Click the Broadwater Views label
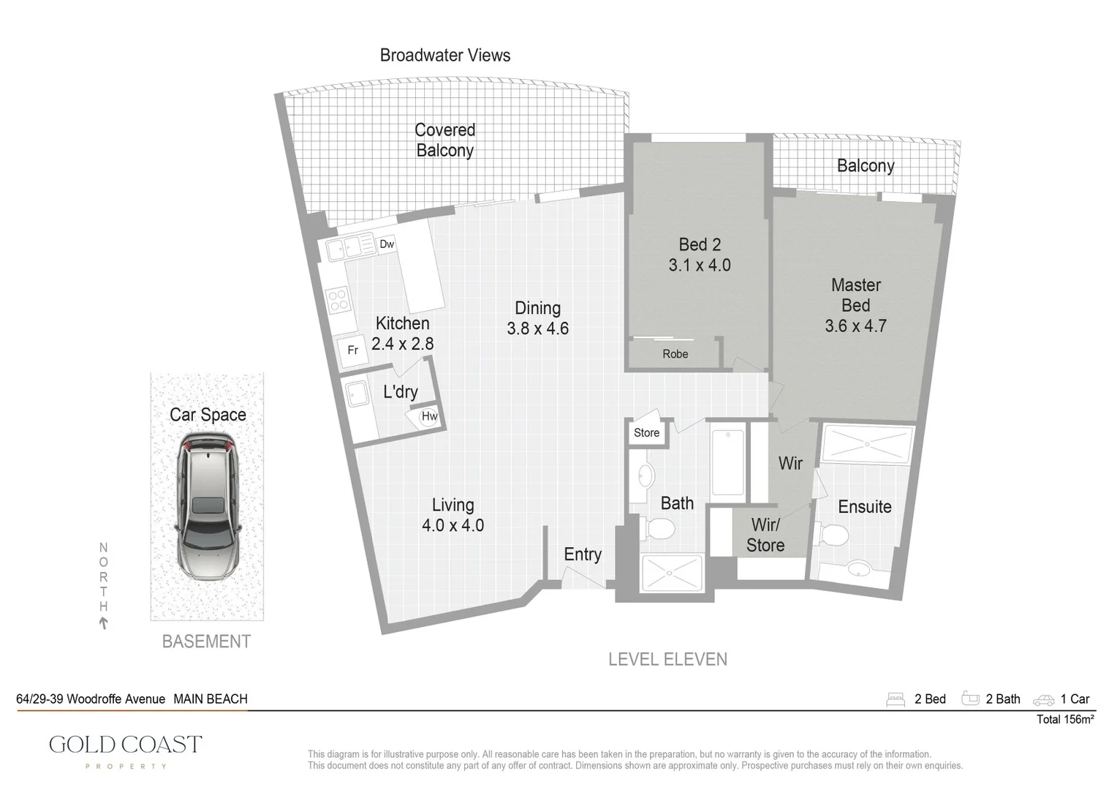(x=444, y=56)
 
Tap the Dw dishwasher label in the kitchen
(x=387, y=244)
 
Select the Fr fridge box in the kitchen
(x=352, y=350)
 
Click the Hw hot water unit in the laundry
(x=429, y=417)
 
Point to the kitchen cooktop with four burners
(x=337, y=298)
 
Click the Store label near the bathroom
(x=646, y=433)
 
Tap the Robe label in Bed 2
(x=675, y=354)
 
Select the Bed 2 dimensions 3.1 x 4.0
(x=700, y=266)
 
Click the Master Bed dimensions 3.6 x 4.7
(x=855, y=326)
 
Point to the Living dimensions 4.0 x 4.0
(x=453, y=525)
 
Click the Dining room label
(x=537, y=308)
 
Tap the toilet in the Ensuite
(x=833, y=535)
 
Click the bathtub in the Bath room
(x=727, y=462)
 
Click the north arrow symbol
(x=104, y=623)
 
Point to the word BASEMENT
(x=206, y=642)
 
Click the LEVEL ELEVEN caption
(x=667, y=659)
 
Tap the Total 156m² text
(x=1065, y=720)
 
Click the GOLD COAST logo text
(x=125, y=745)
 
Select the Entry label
(x=583, y=554)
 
